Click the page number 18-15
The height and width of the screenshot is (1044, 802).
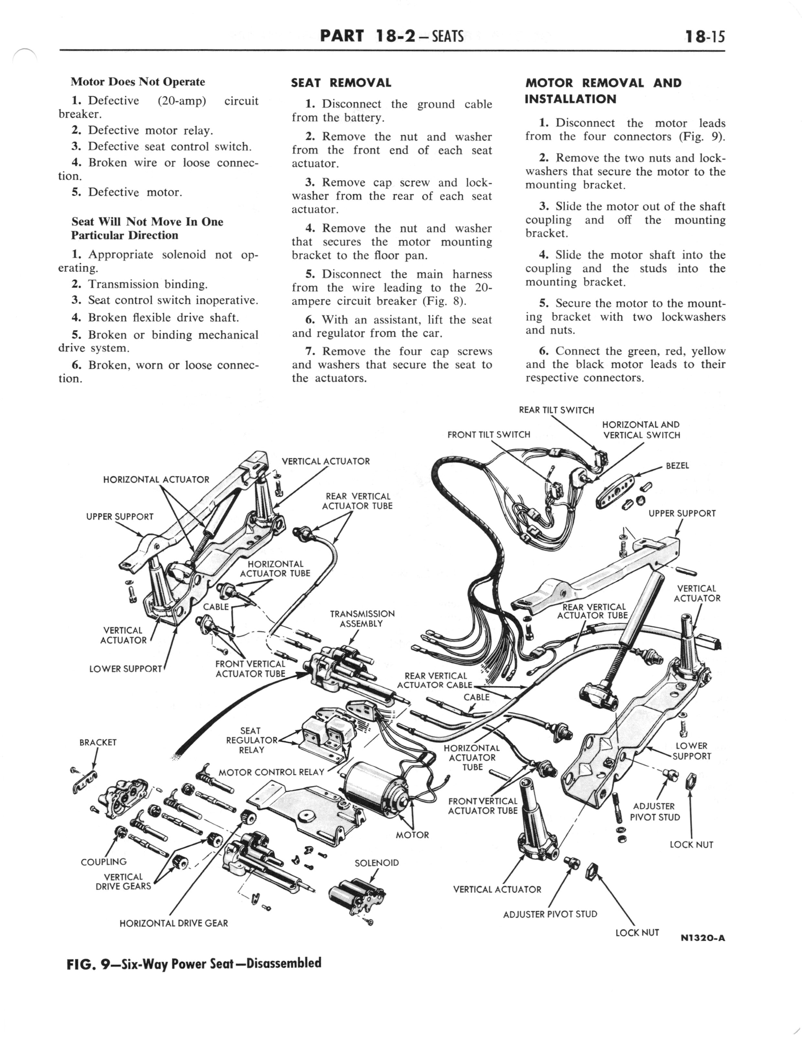(x=704, y=36)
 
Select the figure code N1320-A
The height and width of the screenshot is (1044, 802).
(x=703, y=938)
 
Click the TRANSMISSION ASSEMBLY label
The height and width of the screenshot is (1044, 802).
(x=362, y=619)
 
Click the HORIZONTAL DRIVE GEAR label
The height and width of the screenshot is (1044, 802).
(x=173, y=923)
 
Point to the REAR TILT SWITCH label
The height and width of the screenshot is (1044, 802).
(x=556, y=410)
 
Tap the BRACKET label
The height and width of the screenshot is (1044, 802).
(x=98, y=742)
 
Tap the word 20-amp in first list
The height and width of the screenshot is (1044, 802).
(x=181, y=101)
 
